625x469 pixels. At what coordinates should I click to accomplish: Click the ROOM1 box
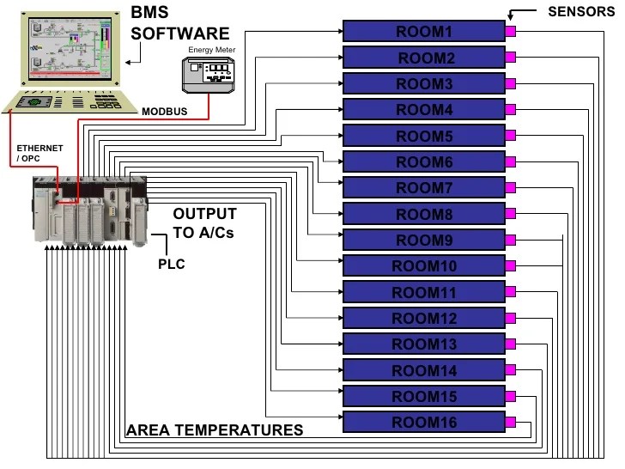click(423, 32)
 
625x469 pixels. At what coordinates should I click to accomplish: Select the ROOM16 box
click(423, 423)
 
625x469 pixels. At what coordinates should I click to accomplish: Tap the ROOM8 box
click(423, 214)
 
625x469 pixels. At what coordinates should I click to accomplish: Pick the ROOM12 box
click(423, 319)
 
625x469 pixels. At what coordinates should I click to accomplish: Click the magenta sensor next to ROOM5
click(510, 136)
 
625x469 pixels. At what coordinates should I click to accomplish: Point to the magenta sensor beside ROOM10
click(510, 266)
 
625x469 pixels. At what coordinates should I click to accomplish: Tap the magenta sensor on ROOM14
click(510, 371)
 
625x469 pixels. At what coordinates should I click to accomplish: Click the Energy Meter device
click(211, 74)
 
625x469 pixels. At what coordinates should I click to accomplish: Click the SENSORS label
click(581, 11)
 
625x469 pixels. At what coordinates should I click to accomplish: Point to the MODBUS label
click(166, 112)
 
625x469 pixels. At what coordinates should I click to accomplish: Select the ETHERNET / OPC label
click(39, 154)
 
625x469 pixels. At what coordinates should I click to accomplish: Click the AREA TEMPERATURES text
click(214, 429)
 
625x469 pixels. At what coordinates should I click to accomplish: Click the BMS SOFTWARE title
click(179, 23)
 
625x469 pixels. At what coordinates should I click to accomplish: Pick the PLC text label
click(171, 264)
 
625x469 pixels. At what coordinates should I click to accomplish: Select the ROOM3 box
click(423, 84)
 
